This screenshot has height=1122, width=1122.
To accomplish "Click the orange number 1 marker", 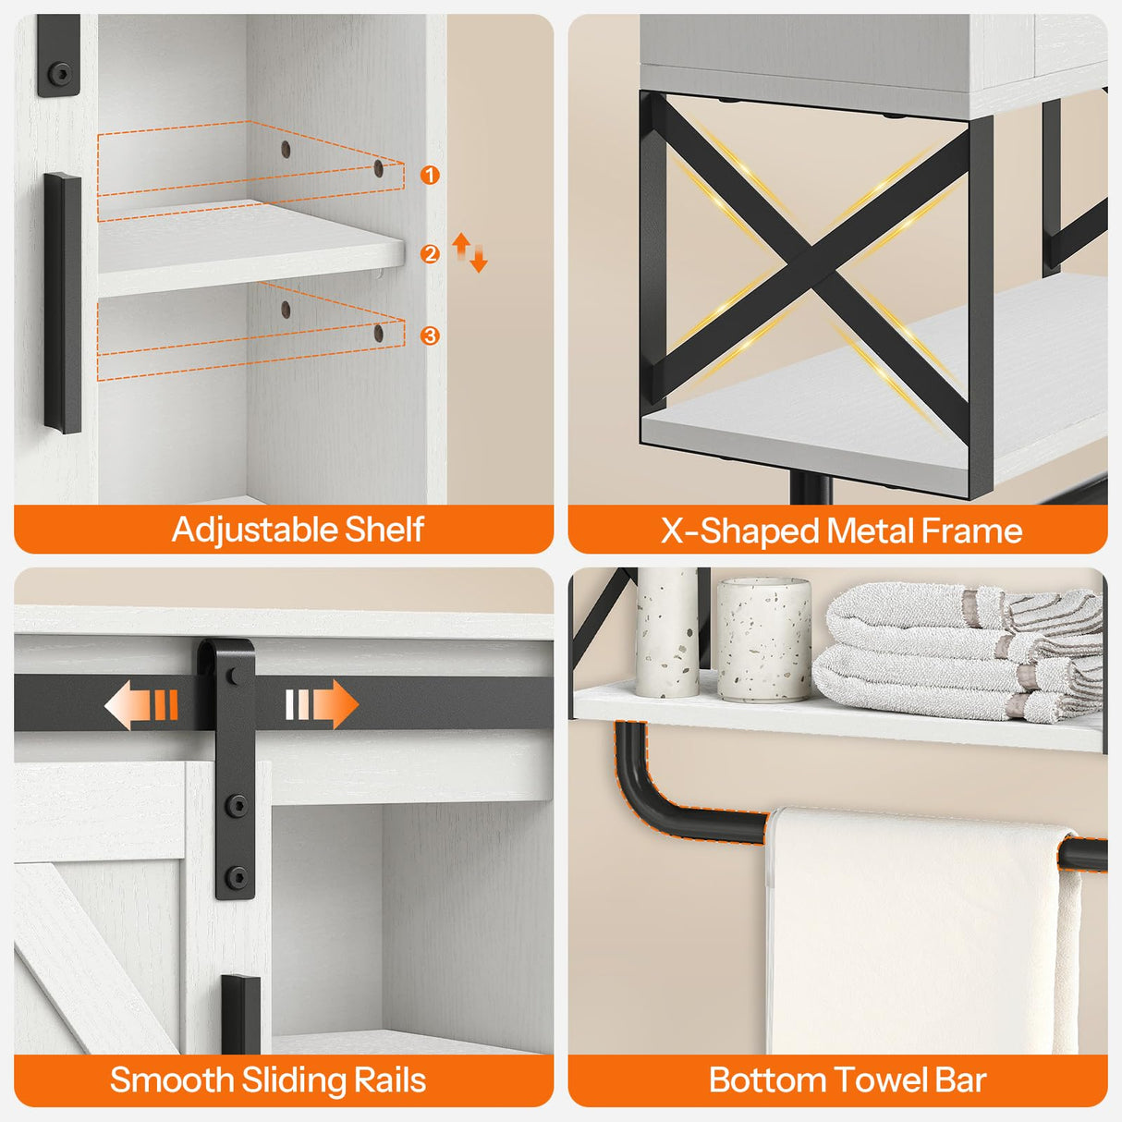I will (430, 175).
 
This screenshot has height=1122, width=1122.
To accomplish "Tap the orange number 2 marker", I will (430, 253).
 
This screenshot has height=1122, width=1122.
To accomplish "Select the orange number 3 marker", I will (430, 335).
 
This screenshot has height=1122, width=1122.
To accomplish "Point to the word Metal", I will (870, 531).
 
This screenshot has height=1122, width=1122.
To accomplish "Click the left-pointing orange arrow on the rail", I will (140, 705).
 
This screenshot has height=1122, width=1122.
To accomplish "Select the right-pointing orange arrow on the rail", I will (321, 705).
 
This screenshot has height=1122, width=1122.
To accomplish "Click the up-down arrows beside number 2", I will (470, 252).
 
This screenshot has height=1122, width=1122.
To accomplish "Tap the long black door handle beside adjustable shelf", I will (63, 302).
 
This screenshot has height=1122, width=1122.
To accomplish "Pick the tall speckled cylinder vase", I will (666, 632).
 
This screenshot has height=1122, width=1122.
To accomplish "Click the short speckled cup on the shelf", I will (763, 639).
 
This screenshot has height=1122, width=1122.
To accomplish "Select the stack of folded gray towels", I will (961, 652).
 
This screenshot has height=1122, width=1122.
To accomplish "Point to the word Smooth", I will (171, 1080).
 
